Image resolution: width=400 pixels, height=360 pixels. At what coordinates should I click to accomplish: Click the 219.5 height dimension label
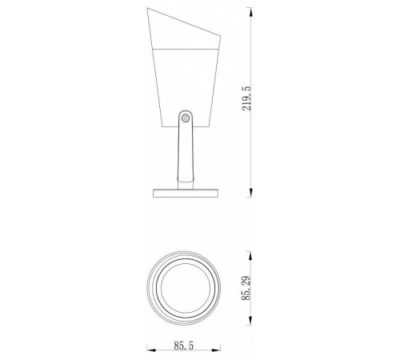tap(246, 98)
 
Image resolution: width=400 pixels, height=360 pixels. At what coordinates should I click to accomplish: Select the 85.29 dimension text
tap(246, 288)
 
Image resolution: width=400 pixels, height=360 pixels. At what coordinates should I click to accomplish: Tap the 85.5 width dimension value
tap(184, 346)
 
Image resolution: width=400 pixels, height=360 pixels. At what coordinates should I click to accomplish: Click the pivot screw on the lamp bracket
tap(186, 118)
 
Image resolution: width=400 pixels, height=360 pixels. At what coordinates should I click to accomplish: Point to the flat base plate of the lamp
tap(186, 193)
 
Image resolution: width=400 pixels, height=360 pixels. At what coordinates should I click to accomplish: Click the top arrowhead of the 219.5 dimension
tap(250, 12)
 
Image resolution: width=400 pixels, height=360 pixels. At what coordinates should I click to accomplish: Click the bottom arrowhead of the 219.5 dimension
tap(250, 192)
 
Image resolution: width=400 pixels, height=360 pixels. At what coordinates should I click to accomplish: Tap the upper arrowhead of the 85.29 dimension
tap(250, 257)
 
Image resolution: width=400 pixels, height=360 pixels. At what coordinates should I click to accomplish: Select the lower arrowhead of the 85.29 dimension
tap(250, 320)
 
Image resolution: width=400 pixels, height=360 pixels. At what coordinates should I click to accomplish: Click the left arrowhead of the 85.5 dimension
tap(152, 350)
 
